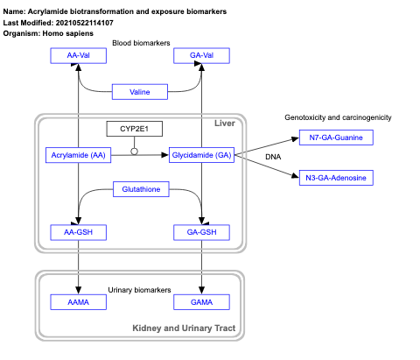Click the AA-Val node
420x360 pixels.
tap(79, 56)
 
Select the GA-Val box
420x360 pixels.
tap(202, 56)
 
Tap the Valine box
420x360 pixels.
tap(140, 91)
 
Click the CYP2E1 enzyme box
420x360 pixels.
tap(134, 129)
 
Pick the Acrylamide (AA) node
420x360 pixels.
tap(79, 155)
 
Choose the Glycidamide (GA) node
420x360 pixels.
tap(202, 155)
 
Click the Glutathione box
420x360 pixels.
tap(140, 189)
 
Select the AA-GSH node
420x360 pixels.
tap(79, 232)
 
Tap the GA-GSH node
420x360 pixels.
tap(202, 232)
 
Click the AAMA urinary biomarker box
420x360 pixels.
tap(79, 301)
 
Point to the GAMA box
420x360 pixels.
tap(202, 301)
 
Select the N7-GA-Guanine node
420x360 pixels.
tap(336, 138)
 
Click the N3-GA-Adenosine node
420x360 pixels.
tap(336, 178)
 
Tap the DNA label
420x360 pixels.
tap(273, 158)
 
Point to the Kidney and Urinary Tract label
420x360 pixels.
tap(183, 328)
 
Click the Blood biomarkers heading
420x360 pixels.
tap(140, 43)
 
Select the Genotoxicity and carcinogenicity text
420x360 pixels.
tap(338, 117)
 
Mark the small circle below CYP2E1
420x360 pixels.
tap(134, 151)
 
